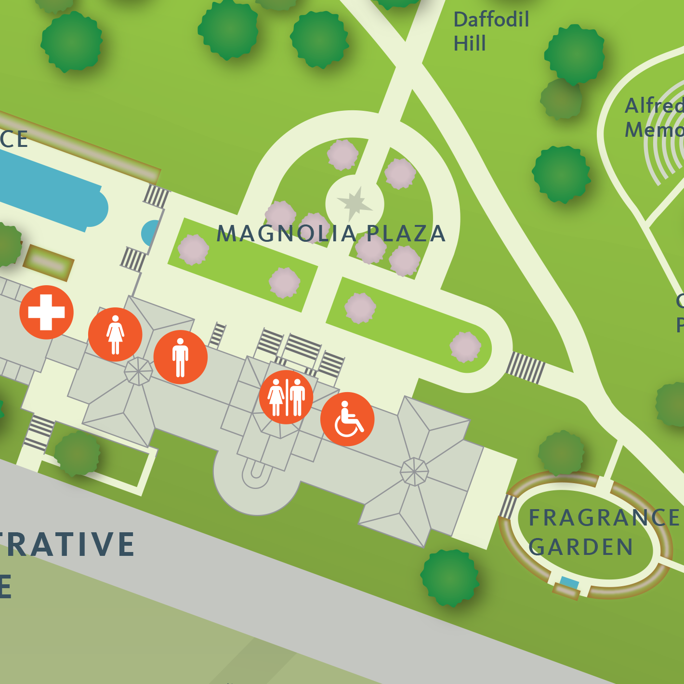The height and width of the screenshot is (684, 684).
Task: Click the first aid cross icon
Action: pos(46,312)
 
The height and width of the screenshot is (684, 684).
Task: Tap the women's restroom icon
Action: pos(115,334)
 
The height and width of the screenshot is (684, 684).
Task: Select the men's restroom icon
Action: pos(180,357)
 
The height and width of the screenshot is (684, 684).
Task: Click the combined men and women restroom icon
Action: pos(286,397)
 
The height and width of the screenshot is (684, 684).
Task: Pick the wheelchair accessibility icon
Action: pos(347,419)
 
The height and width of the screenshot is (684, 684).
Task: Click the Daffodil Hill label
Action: pos(490,32)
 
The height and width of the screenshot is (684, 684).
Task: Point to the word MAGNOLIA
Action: pos(286,234)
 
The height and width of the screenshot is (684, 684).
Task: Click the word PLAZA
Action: pos(406,234)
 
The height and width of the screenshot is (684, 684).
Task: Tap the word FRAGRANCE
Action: pos(604,518)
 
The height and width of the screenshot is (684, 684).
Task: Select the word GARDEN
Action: pos(580,547)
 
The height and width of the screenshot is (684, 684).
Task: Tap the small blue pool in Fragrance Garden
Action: pos(569,583)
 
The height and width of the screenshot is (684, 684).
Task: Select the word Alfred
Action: pos(654,106)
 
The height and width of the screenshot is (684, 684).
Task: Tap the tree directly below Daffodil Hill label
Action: pos(574,54)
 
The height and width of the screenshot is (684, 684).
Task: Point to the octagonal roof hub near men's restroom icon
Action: pos(138,371)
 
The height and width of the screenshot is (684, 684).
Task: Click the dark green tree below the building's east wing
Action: pos(450,577)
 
